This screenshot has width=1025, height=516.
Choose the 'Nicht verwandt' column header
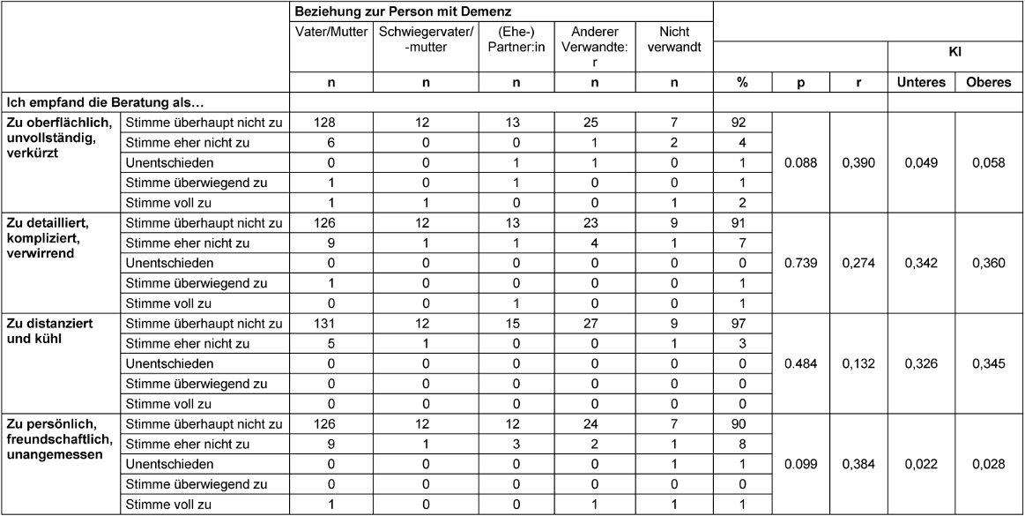point(673,39)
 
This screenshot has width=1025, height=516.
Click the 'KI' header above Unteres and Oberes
point(954,53)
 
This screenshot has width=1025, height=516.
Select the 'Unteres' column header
point(921,82)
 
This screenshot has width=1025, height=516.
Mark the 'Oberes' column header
point(988,82)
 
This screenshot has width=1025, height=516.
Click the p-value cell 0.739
point(801,264)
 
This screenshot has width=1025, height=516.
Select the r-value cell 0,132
point(858,363)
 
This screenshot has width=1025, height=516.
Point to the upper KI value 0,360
point(988,264)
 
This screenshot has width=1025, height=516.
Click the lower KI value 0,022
point(921,464)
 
